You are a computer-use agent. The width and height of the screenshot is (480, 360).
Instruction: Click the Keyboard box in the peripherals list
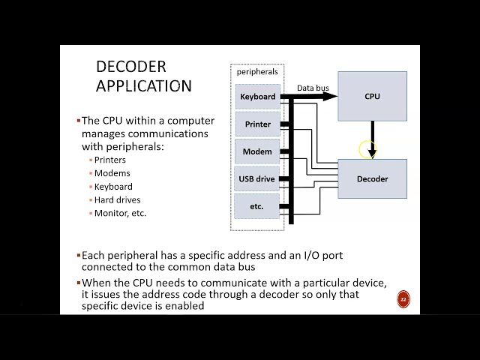(257, 97)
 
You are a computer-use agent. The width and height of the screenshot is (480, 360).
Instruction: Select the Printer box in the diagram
(257, 124)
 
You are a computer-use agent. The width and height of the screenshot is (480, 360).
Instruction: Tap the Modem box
(257, 151)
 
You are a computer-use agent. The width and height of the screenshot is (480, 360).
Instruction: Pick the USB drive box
(257, 178)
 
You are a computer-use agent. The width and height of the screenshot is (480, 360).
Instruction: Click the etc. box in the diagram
(257, 206)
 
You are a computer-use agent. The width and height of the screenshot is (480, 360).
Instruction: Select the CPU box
(372, 96)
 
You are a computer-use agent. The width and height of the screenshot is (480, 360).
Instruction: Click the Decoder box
(372, 178)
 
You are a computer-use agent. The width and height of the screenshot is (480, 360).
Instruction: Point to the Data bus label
(313, 88)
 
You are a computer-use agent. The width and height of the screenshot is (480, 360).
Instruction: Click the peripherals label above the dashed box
(257, 72)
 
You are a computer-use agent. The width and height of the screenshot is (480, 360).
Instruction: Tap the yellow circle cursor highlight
(367, 149)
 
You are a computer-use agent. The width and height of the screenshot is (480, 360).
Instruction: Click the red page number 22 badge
(403, 300)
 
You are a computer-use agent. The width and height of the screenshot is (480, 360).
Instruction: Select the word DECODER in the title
(131, 67)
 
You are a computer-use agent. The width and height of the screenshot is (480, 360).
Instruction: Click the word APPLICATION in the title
(144, 85)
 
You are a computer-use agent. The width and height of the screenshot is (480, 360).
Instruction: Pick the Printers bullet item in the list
(110, 160)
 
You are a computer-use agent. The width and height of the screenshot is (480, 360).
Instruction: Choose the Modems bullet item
(112, 173)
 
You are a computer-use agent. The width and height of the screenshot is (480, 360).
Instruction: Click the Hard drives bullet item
(117, 199)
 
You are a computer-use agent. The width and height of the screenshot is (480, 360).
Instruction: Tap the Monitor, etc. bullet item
(120, 213)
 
